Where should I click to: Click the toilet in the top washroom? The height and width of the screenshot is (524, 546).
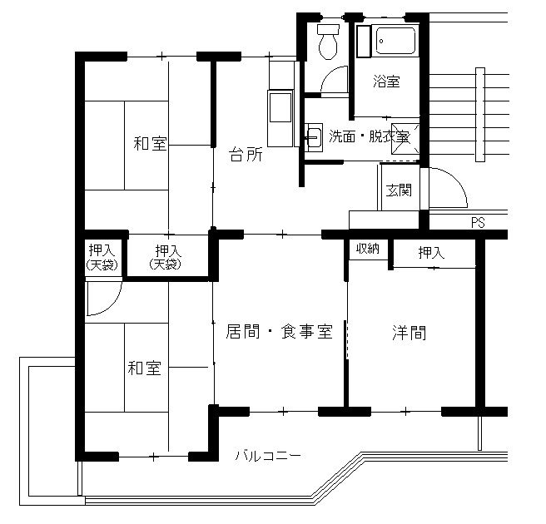coord(328,42)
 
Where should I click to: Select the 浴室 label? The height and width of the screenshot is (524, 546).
coord(386,82)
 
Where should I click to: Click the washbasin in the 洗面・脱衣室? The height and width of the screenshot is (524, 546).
coord(314,137)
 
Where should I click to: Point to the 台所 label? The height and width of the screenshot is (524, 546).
coord(246,155)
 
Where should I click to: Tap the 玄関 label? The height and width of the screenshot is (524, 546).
coord(399,190)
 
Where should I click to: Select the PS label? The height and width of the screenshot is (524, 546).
coord(478,222)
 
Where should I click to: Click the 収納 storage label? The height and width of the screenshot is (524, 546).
coord(368,249)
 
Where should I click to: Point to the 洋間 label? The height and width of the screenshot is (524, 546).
coord(409,333)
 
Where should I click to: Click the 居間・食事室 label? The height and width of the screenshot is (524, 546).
coord(280,331)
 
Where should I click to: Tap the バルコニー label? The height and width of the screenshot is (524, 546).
coord(268,456)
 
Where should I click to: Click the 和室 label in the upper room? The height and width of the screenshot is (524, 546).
coord(151,143)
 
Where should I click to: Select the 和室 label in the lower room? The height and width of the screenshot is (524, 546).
coord(145,368)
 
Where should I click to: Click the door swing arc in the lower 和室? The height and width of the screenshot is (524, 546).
coord(112,306)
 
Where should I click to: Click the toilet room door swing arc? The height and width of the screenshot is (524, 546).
coord(328,74)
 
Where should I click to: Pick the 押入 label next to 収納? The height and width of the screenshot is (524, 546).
coord(431,253)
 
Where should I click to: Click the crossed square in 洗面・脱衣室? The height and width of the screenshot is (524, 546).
coord(405,138)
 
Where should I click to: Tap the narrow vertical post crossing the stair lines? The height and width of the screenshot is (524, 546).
coord(480,115)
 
